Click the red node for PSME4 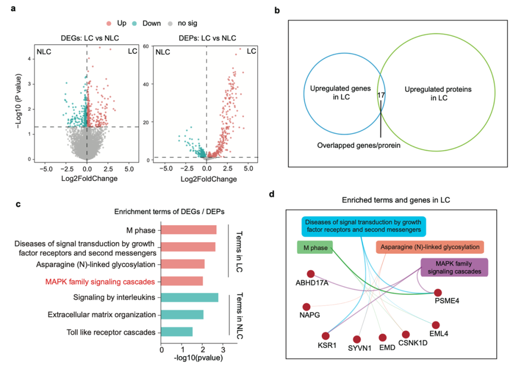pyautogui.click(x=438, y=292)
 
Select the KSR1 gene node pyautogui.click(x=326, y=336)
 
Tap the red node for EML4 pyautogui.click(x=436, y=325)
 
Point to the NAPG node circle pyautogui.click(x=306, y=307)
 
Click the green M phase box pyautogui.click(x=314, y=248)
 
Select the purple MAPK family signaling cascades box pyautogui.click(x=454, y=267)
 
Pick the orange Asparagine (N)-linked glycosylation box pyautogui.click(x=430, y=247)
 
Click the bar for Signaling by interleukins pyautogui.click(x=190, y=297)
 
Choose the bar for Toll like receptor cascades pyautogui.click(x=177, y=332)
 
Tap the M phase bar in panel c pyautogui.click(x=189, y=229)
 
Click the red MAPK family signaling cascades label pyautogui.click(x=100, y=281)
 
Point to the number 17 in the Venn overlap pyautogui.click(x=381, y=96)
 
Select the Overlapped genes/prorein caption pyautogui.click(x=359, y=145)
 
